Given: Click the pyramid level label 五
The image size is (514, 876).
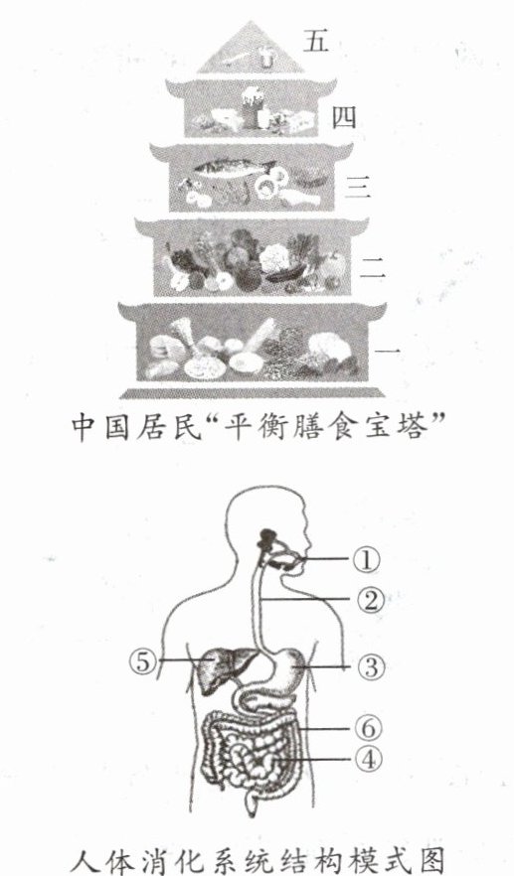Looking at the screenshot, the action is pyautogui.click(x=316, y=41).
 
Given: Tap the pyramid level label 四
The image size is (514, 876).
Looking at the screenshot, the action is pyautogui.click(x=344, y=118).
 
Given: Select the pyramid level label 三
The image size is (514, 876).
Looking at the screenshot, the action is pyautogui.click(x=357, y=186).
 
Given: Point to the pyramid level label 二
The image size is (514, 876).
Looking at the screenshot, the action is pyautogui.click(x=373, y=267).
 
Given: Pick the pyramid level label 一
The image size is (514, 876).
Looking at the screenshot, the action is pyautogui.click(x=387, y=351).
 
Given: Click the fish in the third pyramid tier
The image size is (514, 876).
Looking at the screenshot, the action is pyautogui.click(x=234, y=167).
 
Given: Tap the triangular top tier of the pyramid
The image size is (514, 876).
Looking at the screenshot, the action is pyautogui.click(x=251, y=50).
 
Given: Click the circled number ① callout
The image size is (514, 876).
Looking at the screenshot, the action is pyautogui.click(x=366, y=559).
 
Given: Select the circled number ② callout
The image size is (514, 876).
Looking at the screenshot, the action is pyautogui.click(x=370, y=600).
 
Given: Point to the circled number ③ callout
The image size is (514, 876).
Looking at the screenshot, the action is pyautogui.click(x=372, y=666).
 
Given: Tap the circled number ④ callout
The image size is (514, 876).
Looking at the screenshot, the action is pyautogui.click(x=369, y=759).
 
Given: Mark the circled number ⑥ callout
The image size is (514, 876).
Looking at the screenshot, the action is pyautogui.click(x=369, y=728).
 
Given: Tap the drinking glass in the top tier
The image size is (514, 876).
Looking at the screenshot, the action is pyautogui.click(x=265, y=57).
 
